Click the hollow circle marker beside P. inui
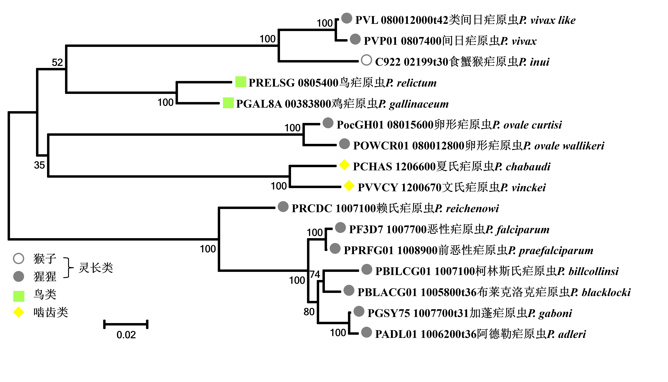pos(366,60)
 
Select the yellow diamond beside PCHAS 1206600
pos(344,165)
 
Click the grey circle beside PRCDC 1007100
pos(283,207)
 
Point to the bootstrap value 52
pos(57,62)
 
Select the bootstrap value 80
pos(309,312)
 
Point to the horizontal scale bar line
pos(126,324)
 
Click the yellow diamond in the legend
pos(19,312)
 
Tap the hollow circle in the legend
pos(19,258)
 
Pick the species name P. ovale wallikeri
pos(564,146)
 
